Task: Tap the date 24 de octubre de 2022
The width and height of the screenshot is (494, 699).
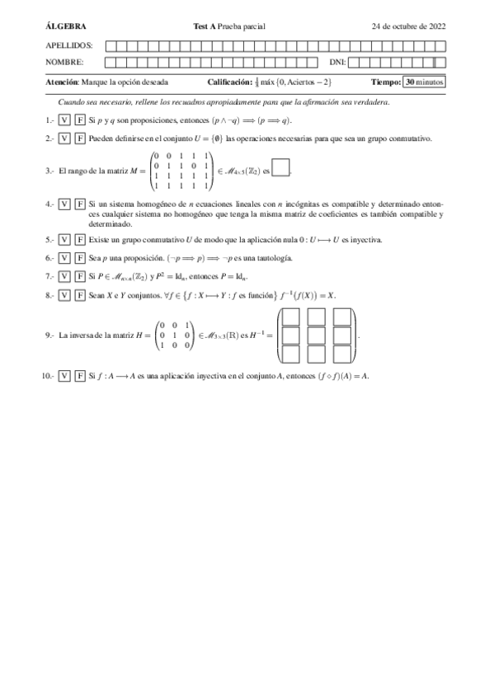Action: [409, 26]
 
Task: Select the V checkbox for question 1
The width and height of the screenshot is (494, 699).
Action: [64, 120]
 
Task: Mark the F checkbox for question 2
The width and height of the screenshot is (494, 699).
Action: [80, 138]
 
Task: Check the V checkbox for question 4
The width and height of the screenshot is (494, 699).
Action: [64, 204]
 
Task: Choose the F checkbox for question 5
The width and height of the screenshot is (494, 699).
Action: [80, 240]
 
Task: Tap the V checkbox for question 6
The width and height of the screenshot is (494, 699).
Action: [64, 258]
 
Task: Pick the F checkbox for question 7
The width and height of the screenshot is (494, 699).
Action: [80, 276]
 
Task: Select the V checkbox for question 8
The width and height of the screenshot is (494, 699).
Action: [64, 294]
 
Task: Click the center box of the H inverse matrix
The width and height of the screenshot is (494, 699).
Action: [318, 335]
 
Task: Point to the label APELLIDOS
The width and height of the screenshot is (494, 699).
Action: [68, 45]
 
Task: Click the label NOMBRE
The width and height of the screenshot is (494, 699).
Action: [65, 62]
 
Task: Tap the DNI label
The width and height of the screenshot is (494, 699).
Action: [337, 62]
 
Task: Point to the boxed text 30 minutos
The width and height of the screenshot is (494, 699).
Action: [424, 82]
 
